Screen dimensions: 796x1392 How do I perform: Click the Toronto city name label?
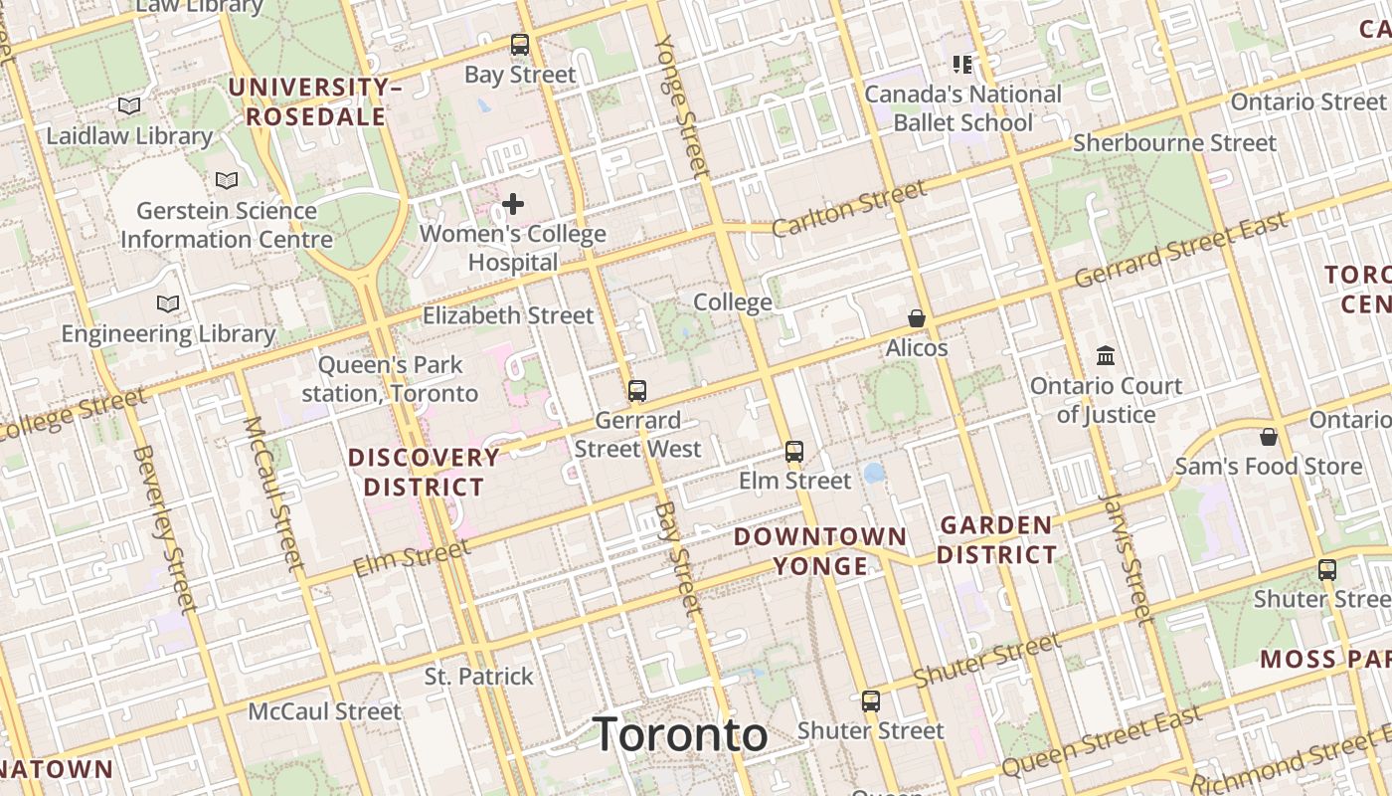tap(680, 735)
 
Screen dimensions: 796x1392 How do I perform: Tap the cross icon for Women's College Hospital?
tap(513, 205)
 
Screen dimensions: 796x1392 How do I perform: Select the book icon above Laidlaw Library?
tap(129, 105)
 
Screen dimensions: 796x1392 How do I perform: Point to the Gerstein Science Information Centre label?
tap(226, 225)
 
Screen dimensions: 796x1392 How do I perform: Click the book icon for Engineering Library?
tap(168, 303)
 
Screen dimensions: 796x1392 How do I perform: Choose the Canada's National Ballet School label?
tap(962, 108)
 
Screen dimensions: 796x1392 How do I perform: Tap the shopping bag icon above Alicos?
tap(917, 318)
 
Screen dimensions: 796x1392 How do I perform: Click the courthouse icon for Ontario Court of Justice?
tap(1106, 355)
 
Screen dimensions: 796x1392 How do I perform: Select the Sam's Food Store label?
tap(1269, 467)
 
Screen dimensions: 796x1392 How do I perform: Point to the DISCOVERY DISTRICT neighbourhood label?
tap(424, 473)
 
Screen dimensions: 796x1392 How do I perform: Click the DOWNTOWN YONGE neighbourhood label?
tap(820, 551)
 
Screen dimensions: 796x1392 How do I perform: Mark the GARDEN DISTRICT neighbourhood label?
tap(996, 539)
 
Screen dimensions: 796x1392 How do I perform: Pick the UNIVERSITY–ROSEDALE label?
tap(315, 101)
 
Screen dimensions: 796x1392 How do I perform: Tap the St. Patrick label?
tap(479, 677)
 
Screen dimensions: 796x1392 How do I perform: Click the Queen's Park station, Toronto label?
tap(390, 379)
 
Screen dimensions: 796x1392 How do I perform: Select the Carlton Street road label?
tap(848, 210)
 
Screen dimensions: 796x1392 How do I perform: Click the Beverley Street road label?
tap(163, 527)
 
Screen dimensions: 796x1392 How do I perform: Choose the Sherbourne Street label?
tap(1174, 143)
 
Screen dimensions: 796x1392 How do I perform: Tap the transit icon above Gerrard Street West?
tap(637, 391)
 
